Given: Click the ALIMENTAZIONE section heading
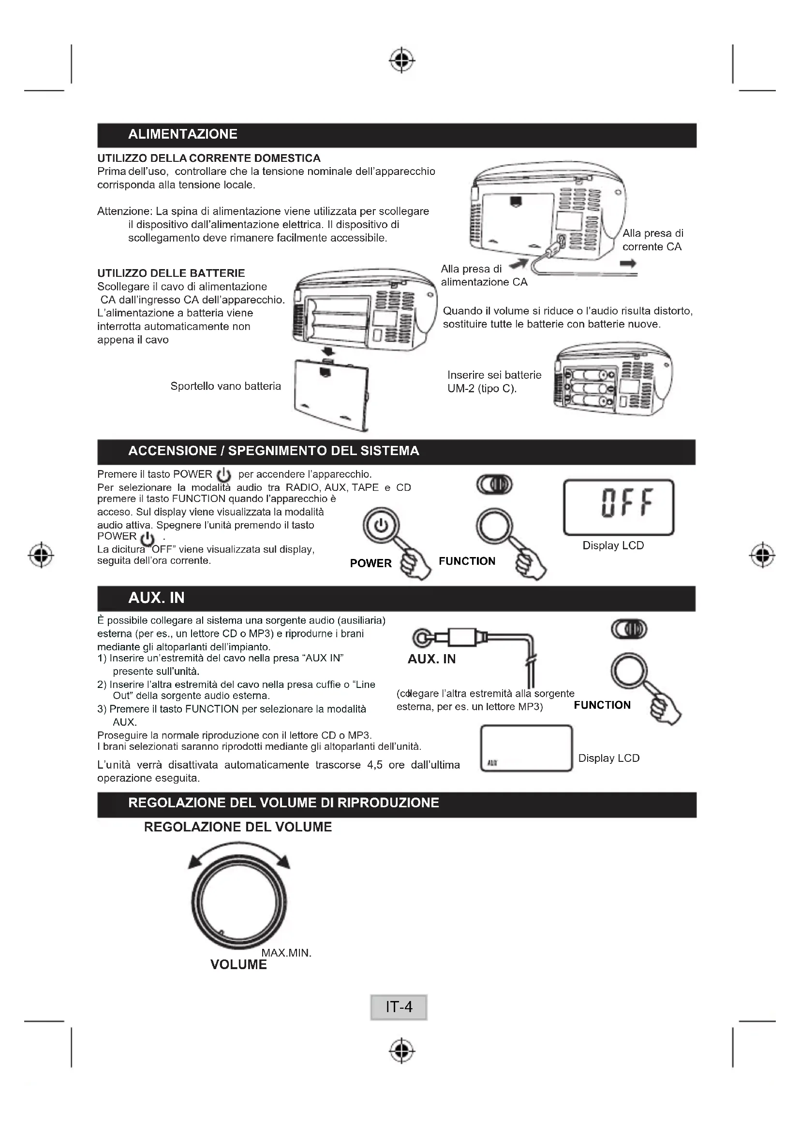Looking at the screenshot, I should [183, 134].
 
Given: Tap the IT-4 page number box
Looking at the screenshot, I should [399, 1007].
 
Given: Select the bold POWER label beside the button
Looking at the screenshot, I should [370, 563].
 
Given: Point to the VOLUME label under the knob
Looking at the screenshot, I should [238, 965].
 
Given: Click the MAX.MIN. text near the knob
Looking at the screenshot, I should [286, 953].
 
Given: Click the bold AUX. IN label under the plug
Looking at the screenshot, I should [431, 659].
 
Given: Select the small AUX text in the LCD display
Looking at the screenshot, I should [492, 763].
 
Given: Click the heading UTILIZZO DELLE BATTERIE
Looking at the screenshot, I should [171, 273].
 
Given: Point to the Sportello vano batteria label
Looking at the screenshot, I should [225, 386].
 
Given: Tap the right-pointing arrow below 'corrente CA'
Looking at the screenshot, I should [628, 264].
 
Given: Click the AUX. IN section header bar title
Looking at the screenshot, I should [156, 598].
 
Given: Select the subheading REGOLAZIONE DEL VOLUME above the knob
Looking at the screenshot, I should [238, 827].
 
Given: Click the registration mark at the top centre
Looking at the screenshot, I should [402, 60].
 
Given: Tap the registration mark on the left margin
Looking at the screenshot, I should [42, 555].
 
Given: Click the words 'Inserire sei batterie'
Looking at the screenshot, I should [494, 375].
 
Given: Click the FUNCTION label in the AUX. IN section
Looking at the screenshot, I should [602, 705].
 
